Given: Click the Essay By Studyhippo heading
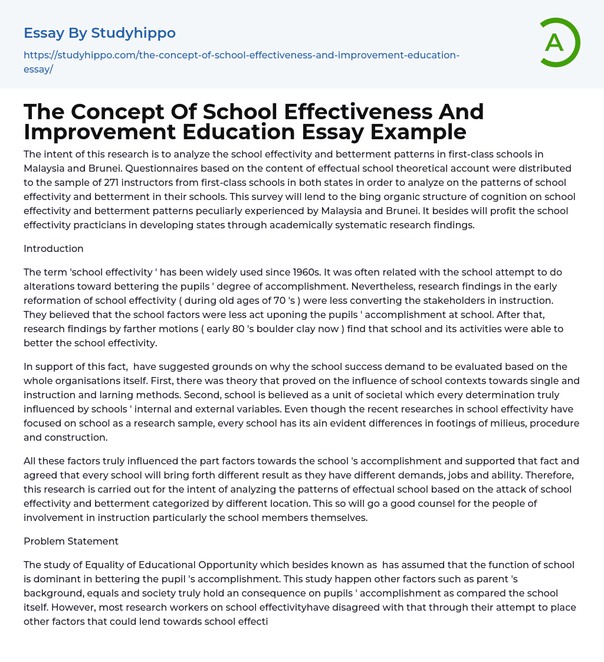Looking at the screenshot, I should (x=100, y=33).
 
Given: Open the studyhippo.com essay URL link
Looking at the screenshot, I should (x=241, y=62).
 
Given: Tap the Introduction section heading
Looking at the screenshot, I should (x=54, y=248).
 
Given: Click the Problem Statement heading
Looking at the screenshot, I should (x=71, y=541).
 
